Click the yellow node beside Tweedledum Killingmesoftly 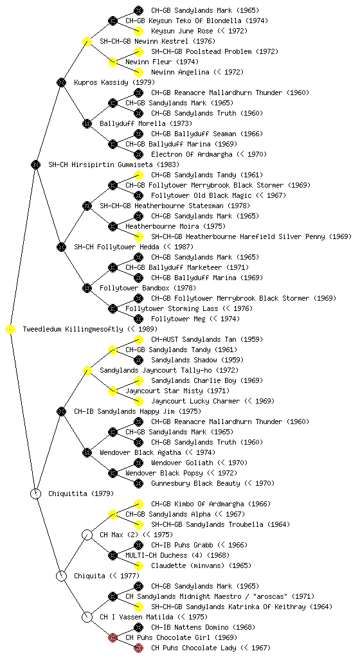(10, 330)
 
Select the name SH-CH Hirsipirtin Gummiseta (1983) (114, 165)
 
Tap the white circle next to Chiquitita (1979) (35, 494)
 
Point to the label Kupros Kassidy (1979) (114, 83)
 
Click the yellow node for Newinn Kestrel (87, 41)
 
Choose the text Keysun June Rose (182, 31)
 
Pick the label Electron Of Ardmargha (192, 154)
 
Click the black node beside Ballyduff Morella (87, 124)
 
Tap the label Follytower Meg (178, 319)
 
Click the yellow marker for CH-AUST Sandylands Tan (138, 339)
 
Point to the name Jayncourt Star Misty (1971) (177, 391)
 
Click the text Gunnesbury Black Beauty (195, 483)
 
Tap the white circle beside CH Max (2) (87, 535)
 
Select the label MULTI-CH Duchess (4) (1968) (177, 556)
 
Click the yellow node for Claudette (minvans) (138, 565)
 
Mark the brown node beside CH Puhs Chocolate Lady (138, 648)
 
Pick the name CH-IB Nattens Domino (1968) (203, 627)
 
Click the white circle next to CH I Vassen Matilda (87, 618)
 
